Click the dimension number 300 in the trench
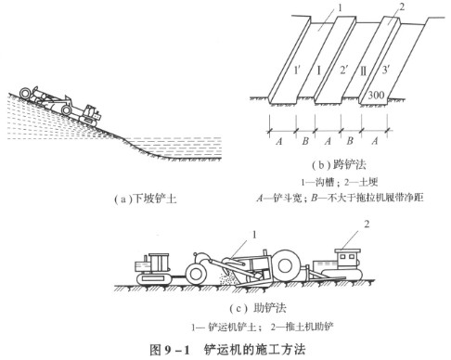[x=376, y=95]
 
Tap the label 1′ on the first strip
[x=297, y=71]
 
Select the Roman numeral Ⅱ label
[x=364, y=71]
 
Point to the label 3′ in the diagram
[x=385, y=70]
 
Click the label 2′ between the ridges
[x=344, y=71]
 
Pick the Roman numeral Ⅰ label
[x=319, y=71]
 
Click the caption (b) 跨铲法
[x=339, y=165]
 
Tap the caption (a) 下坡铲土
[x=145, y=199]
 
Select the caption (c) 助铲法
[x=258, y=308]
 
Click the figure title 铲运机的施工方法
[x=254, y=350]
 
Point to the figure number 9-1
[x=176, y=351]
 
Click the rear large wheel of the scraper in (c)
[x=286, y=265]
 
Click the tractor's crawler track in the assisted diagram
[x=154, y=279]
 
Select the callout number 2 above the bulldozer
[x=367, y=224]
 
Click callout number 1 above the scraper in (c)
[x=254, y=235]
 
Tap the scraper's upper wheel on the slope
[x=24, y=93]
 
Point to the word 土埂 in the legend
[x=368, y=182]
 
